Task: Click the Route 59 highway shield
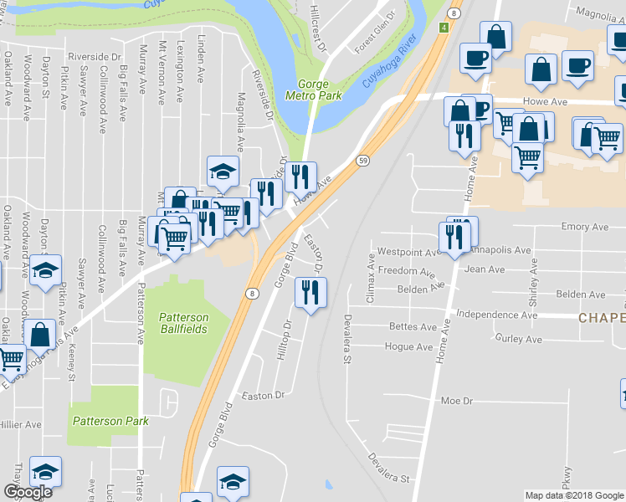(x=363, y=160)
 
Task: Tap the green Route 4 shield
(x=443, y=28)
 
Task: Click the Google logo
(x=28, y=492)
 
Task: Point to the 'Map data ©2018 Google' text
(x=573, y=495)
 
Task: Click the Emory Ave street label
(x=585, y=227)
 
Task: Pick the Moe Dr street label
(x=457, y=401)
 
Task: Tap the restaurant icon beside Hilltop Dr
(x=310, y=293)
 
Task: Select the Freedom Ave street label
(x=407, y=272)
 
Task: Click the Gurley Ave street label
(x=519, y=339)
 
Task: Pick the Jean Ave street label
(x=485, y=269)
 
